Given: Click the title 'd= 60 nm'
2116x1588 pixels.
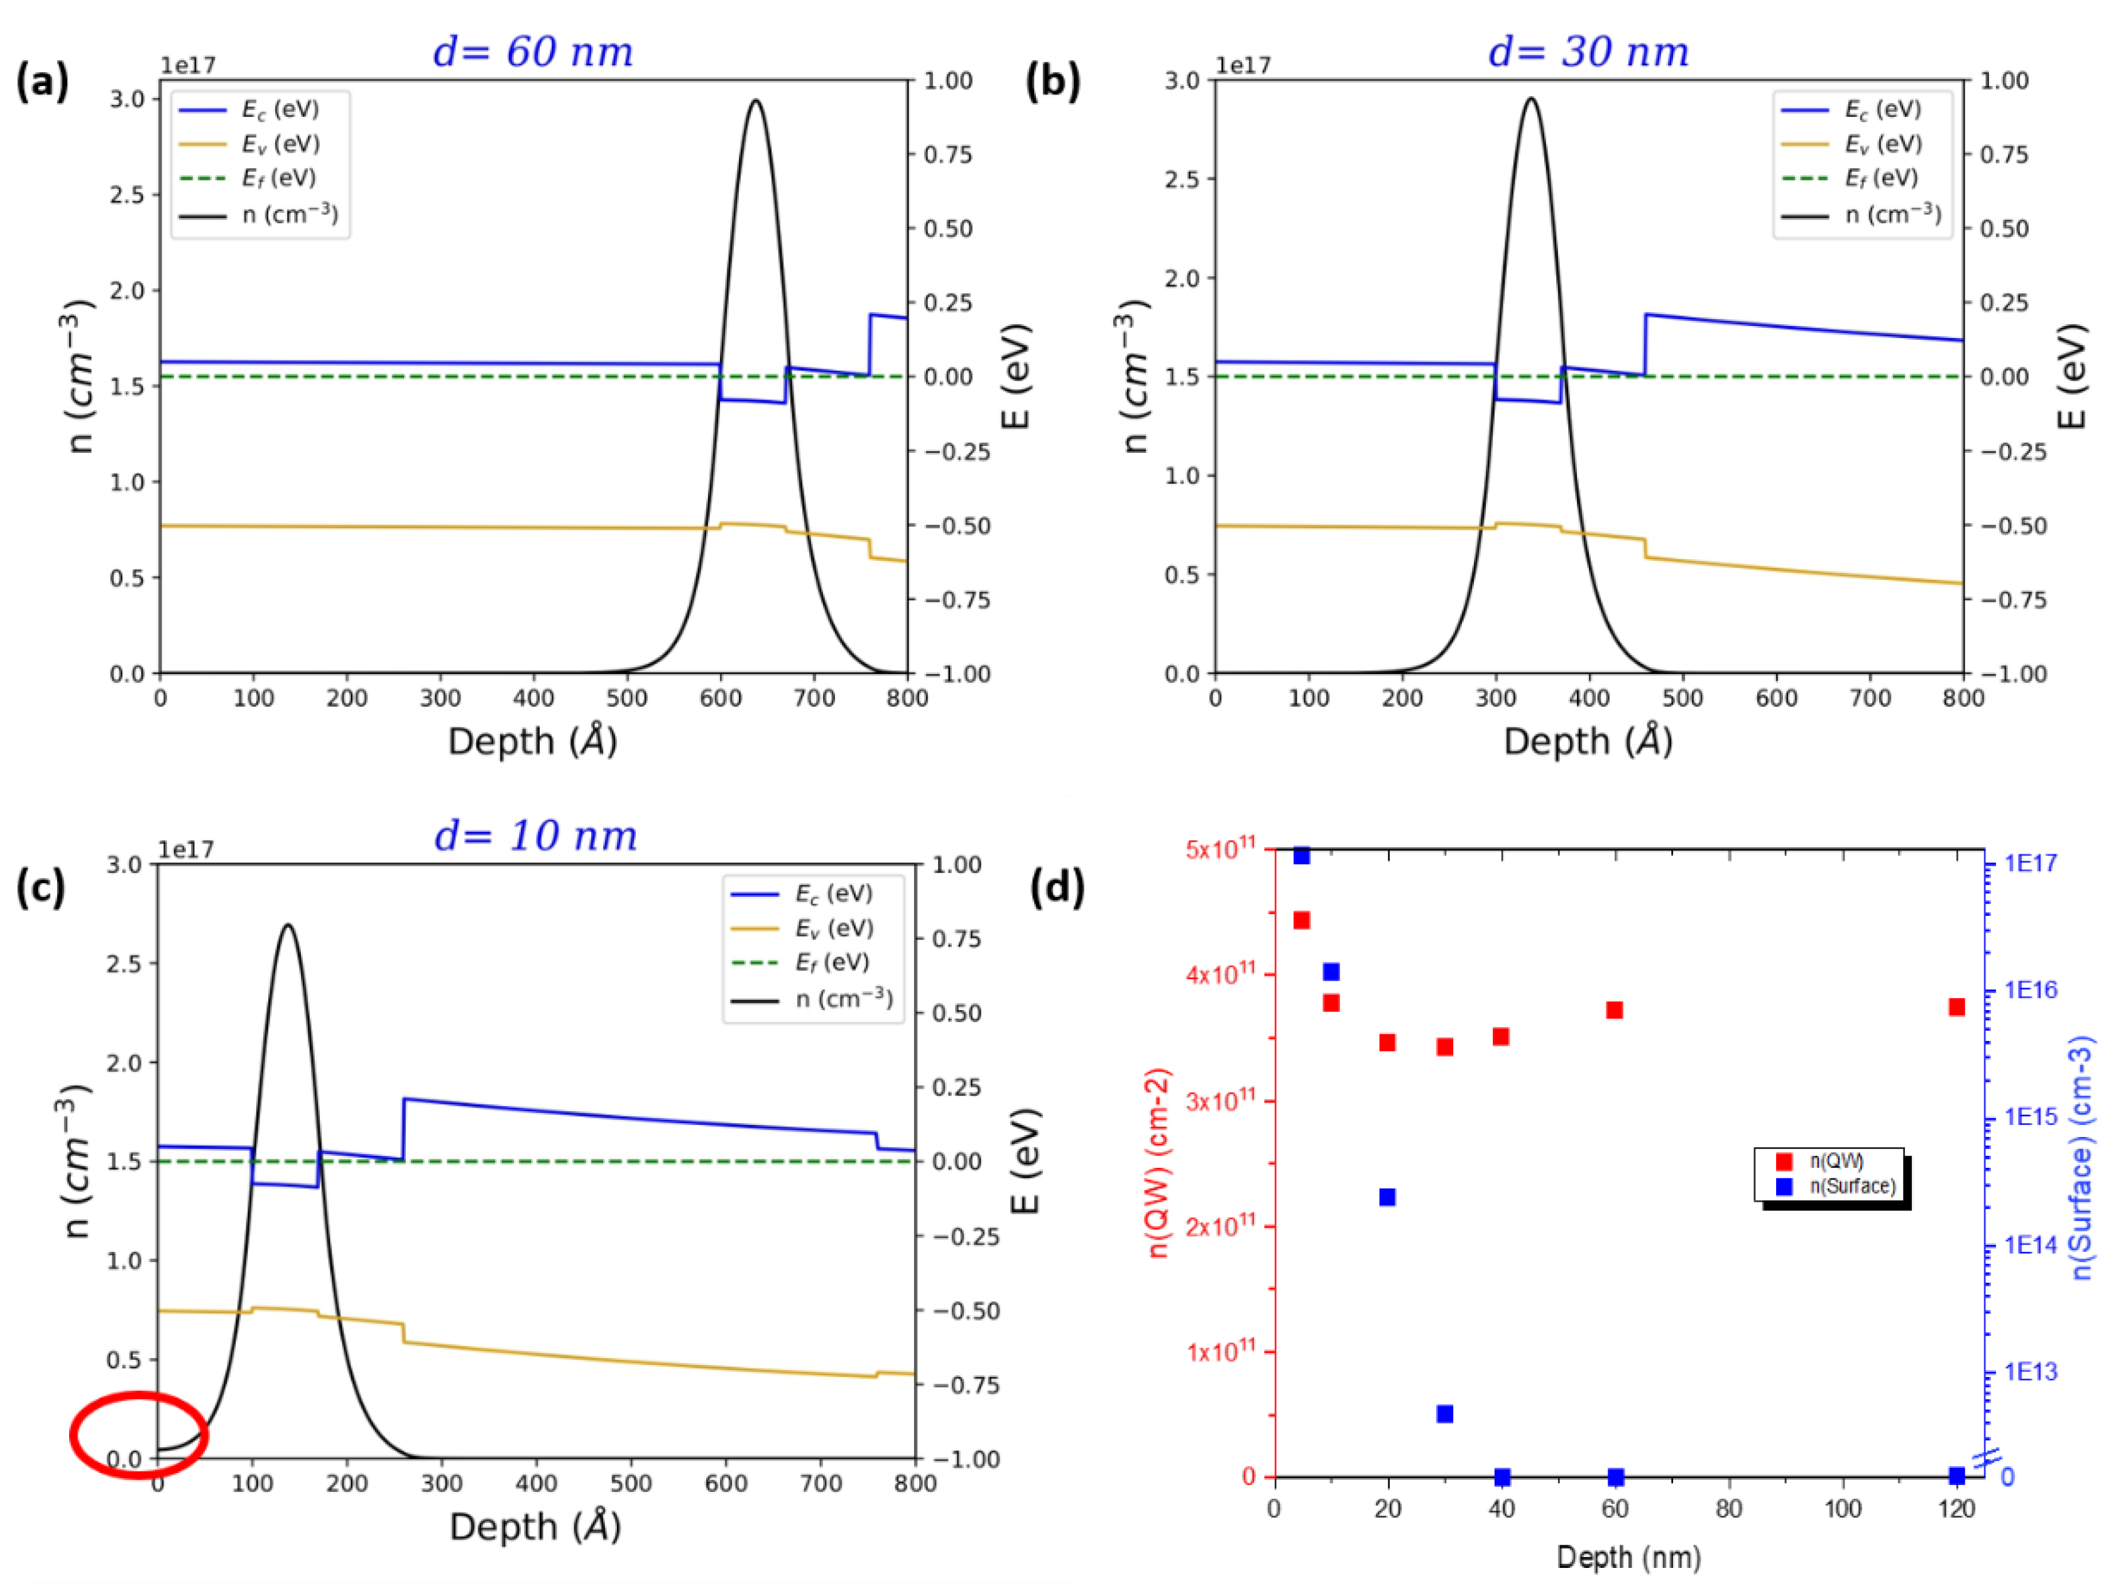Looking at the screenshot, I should pyautogui.click(x=533, y=52).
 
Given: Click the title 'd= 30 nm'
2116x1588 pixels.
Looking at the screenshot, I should pyautogui.click(x=1588, y=52).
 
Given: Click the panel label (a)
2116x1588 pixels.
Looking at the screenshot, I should pyautogui.click(x=42, y=81).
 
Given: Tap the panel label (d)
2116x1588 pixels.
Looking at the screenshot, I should pyautogui.click(x=1057, y=887).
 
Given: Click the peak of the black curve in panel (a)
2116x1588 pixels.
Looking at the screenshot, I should pyautogui.click(x=756, y=101).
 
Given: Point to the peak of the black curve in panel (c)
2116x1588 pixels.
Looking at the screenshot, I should pyautogui.click(x=288, y=925).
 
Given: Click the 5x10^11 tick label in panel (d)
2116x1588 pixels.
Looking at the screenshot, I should pyautogui.click(x=1219, y=849).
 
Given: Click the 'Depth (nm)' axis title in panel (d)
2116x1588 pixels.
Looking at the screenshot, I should pyautogui.click(x=1628, y=1557).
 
